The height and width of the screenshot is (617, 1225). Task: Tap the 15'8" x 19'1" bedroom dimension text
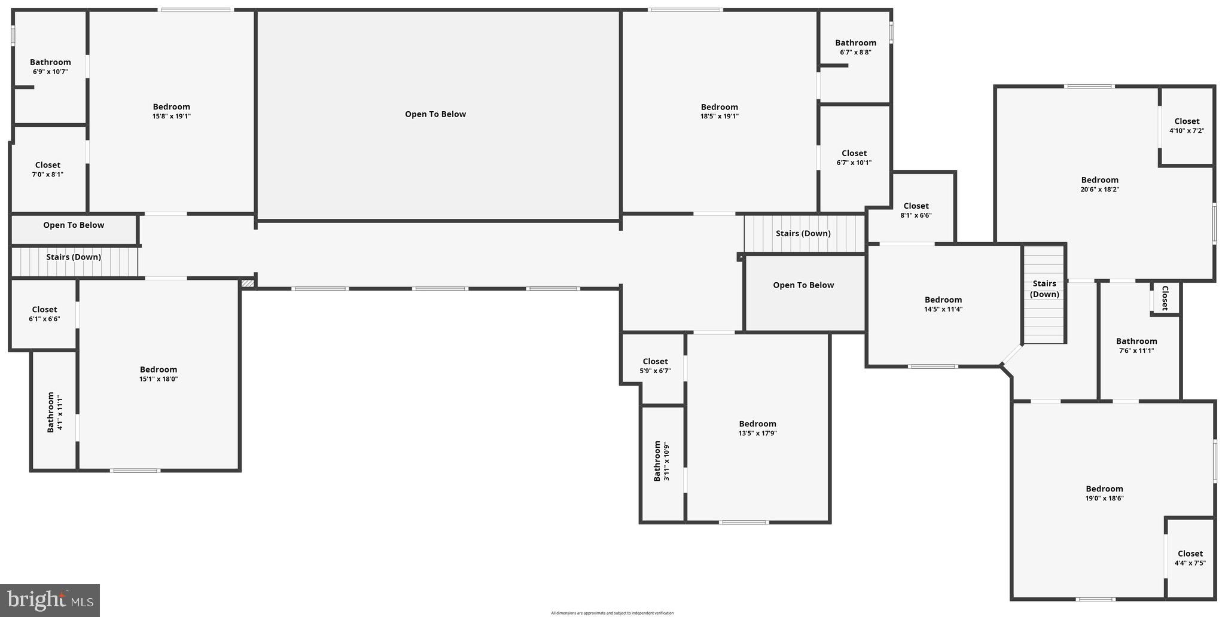[x=171, y=117]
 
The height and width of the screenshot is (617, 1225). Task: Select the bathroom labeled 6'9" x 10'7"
[x=50, y=66]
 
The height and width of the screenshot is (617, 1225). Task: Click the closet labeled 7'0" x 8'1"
[x=48, y=169]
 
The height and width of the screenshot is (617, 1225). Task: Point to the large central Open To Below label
[x=435, y=114]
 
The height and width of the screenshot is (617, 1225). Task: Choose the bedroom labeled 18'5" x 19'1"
[x=719, y=111]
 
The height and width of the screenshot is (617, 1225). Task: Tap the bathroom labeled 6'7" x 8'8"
[x=855, y=47]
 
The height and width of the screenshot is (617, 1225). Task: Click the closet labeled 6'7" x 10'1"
[x=854, y=157]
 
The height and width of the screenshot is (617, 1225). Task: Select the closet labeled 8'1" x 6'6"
[x=916, y=210]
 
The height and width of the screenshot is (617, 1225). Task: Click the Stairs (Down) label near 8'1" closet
[x=803, y=233]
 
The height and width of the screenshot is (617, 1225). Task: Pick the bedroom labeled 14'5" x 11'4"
[x=943, y=304]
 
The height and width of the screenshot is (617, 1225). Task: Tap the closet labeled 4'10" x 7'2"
[x=1187, y=125]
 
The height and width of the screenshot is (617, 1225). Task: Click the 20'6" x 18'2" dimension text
[x=1099, y=190]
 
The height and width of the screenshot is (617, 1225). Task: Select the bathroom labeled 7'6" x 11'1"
[x=1136, y=346]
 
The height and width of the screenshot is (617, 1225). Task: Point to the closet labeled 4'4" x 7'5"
[x=1190, y=558]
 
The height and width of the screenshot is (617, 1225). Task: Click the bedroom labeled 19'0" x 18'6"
[x=1104, y=493]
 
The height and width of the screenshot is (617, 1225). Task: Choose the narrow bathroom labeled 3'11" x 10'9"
[x=661, y=461]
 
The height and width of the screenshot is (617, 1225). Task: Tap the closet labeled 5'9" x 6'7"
[x=655, y=365]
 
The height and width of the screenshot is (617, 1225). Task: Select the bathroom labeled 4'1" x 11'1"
[x=54, y=412]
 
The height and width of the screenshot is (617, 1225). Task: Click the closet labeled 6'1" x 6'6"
[x=44, y=313]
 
